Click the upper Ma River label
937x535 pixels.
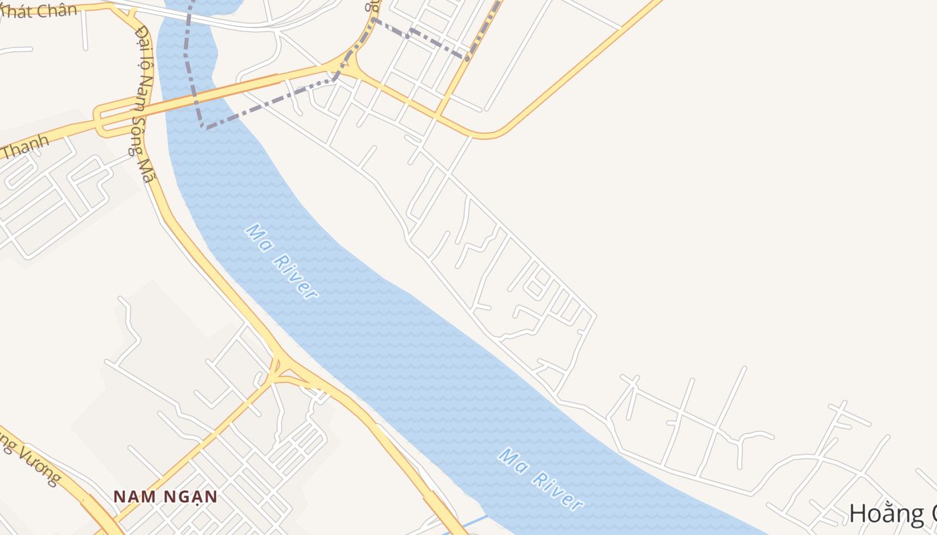(x=281, y=261)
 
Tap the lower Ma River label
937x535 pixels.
(x=541, y=479)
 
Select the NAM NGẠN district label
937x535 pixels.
(x=165, y=497)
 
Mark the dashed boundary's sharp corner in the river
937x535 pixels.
(x=201, y=126)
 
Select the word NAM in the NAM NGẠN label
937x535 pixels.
(x=130, y=497)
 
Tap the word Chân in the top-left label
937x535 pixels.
(x=58, y=10)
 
